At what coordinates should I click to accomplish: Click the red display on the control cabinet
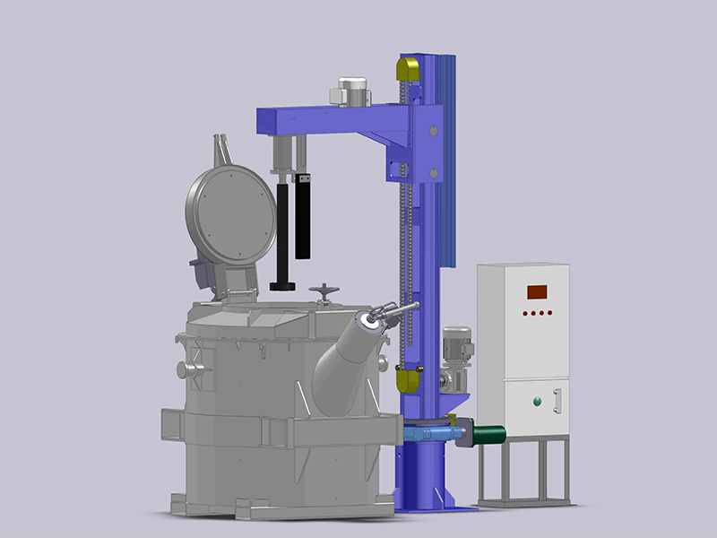point(537,291)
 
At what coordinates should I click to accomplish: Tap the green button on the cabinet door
point(538,401)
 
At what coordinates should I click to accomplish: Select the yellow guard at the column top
point(408,68)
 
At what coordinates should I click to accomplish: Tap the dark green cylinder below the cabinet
point(489,436)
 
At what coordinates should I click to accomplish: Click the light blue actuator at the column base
point(428,433)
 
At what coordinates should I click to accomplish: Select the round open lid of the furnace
point(230,214)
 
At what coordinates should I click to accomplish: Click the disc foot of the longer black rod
point(283,285)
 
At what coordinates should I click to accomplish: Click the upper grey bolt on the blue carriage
point(434,131)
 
